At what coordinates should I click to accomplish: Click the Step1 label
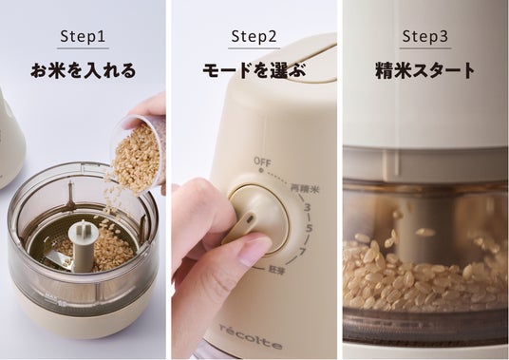[83, 36]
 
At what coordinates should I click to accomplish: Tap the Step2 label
[254, 36]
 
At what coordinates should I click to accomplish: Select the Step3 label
[425, 36]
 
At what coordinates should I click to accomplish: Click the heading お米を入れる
[84, 70]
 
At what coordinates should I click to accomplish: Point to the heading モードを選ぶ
[254, 70]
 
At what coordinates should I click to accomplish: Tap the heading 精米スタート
[425, 70]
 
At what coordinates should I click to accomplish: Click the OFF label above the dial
[262, 161]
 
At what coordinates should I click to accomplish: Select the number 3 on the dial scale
[307, 207]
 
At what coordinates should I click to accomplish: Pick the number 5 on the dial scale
[309, 228]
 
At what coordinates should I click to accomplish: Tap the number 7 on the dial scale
[302, 251]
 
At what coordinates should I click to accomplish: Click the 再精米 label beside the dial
[305, 189]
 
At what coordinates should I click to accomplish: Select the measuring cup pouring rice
[139, 153]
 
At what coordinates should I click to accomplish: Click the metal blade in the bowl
[60, 258]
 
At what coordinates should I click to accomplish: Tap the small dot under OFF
[260, 170]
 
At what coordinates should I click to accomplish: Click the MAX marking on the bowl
[49, 296]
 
